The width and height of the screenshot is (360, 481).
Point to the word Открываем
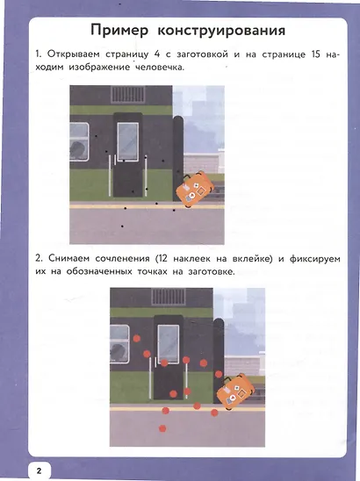pos(78,56)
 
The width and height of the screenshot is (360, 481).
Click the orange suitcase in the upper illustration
pos(194,188)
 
